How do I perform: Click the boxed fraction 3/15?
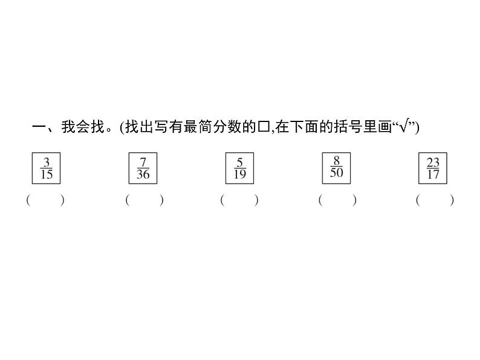point(47,169)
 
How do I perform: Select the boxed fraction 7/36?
point(143,169)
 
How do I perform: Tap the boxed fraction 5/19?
point(239,169)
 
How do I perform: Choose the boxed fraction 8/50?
point(337,167)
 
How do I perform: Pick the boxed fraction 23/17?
point(433,169)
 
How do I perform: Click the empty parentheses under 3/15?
point(45,200)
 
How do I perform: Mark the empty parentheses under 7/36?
point(144,200)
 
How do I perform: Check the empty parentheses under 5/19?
point(239,200)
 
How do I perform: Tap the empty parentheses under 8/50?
point(337,200)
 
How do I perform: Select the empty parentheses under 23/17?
point(435,200)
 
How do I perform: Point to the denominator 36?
point(143,175)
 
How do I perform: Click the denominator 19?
point(239,175)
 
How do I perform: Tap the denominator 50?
point(337,173)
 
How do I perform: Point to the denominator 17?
point(433,175)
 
